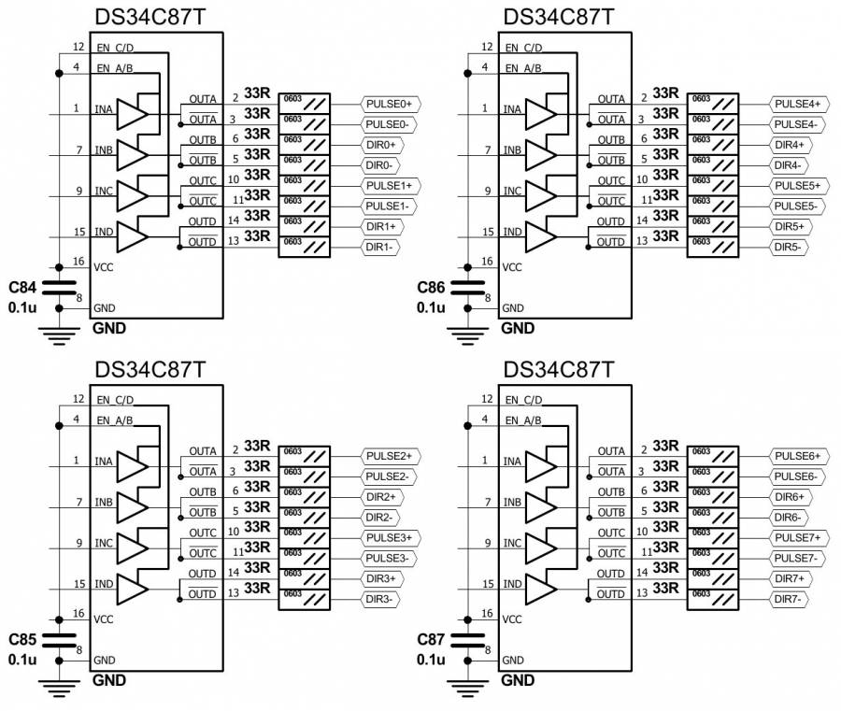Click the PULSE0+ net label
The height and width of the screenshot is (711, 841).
click(x=392, y=103)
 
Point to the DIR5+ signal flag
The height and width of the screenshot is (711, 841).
click(x=789, y=226)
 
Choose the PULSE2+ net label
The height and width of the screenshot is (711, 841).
click(x=392, y=455)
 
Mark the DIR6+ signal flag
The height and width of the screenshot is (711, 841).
click(x=789, y=496)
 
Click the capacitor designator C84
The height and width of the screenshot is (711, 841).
click(x=23, y=287)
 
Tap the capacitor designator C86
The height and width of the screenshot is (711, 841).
click(x=432, y=287)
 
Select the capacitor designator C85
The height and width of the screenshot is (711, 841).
click(x=23, y=640)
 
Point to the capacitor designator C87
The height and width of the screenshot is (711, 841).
click(x=432, y=640)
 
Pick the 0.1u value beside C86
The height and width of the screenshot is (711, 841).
click(x=431, y=306)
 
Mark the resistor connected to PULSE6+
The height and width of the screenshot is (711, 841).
click(x=719, y=455)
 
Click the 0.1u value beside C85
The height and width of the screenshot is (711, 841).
click(x=22, y=660)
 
